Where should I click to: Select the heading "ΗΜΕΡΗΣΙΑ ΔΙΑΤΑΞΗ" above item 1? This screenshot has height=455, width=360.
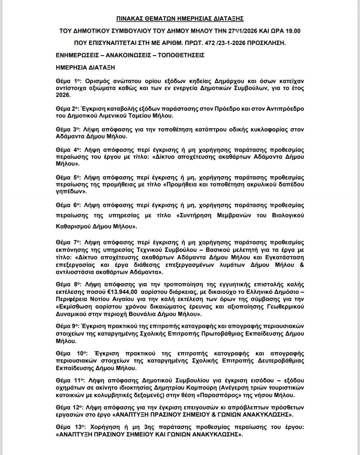tap(86, 67)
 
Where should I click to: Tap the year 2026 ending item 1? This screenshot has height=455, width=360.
tap(63, 95)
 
